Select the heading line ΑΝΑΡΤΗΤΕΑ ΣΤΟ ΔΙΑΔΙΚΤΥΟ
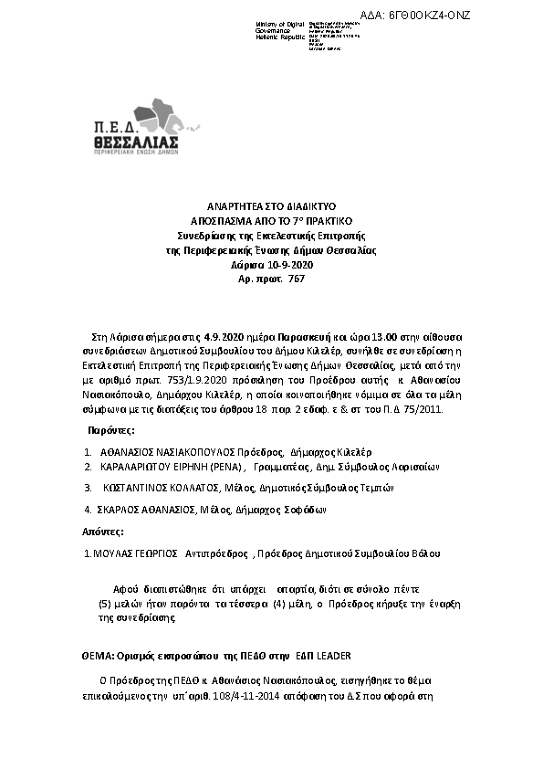click(271, 208)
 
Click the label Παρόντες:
click(110, 429)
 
